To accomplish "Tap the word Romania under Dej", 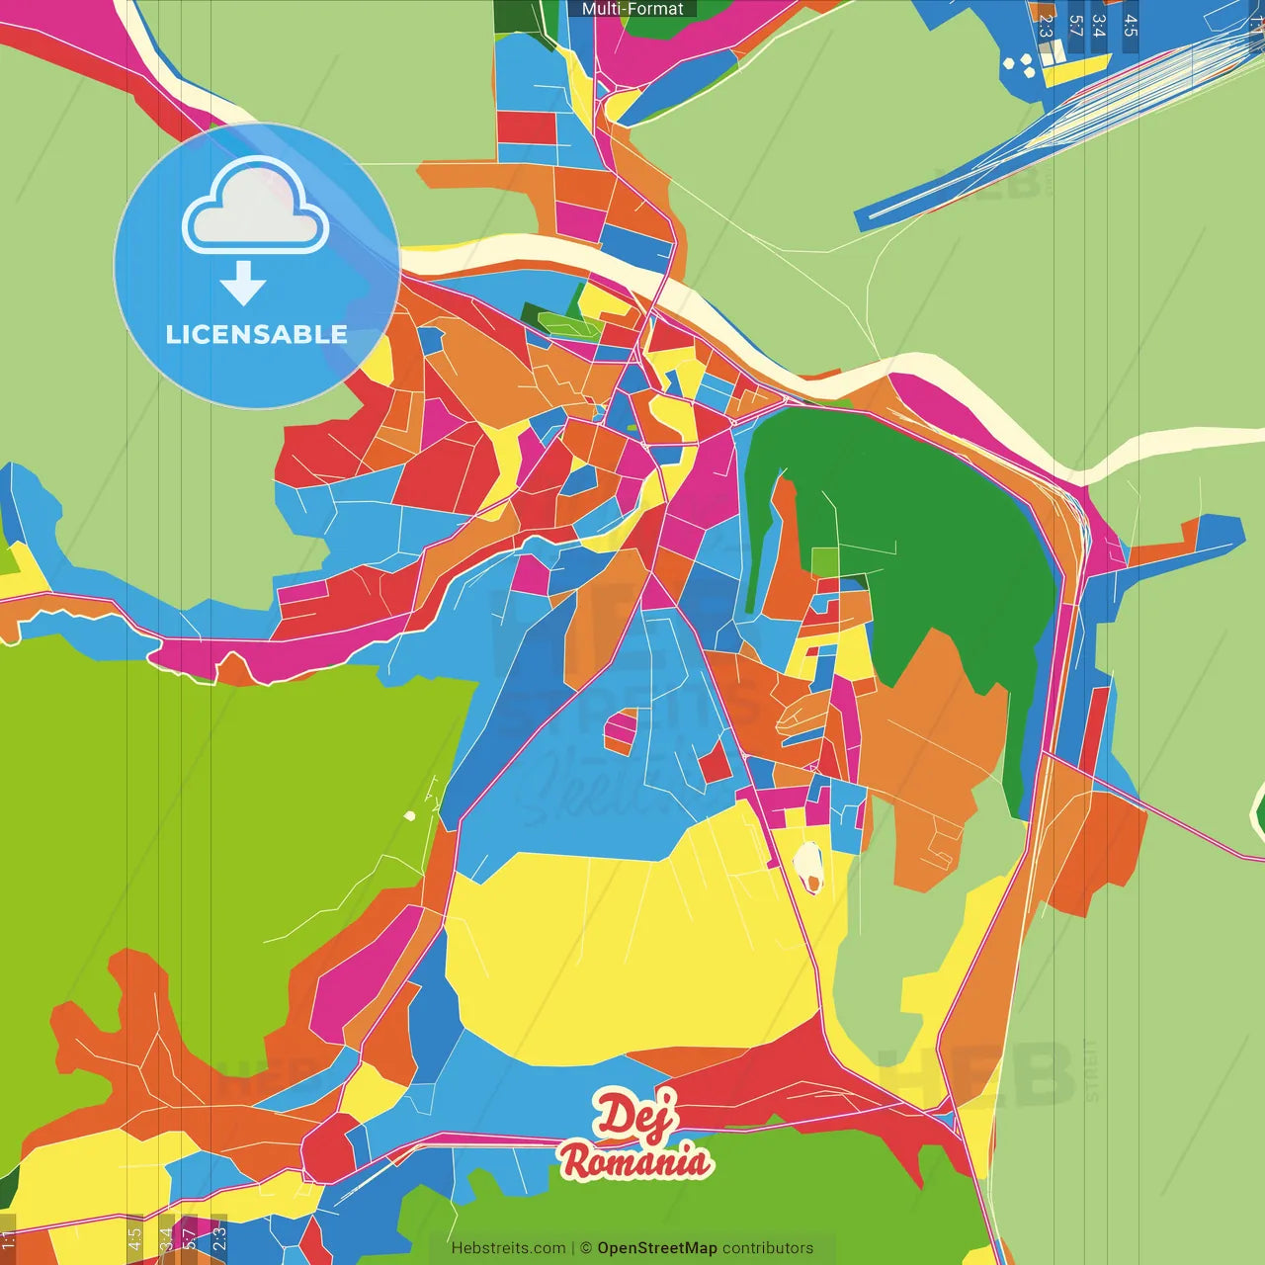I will coord(634,1160).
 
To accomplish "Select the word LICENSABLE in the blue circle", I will coord(256,334).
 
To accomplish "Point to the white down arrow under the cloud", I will coord(243,283).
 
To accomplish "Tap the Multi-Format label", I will coord(632,9).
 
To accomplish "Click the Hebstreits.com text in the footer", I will coord(508,1248).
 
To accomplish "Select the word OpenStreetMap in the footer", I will coord(657,1248).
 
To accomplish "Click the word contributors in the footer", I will coord(768,1248).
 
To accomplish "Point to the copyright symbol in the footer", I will coord(586,1248).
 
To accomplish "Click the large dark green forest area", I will coord(919,534).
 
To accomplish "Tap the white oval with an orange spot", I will coord(808,866).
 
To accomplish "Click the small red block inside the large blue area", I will coord(716,762).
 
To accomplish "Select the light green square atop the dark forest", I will coord(824,561).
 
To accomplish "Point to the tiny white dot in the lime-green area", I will coord(409,815).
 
